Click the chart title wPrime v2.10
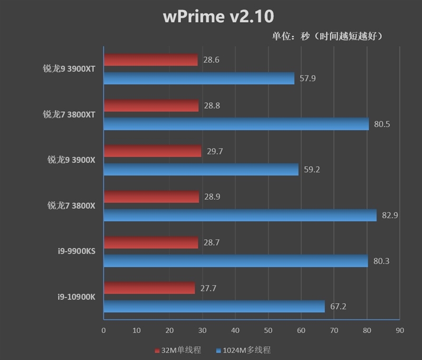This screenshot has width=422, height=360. pyautogui.click(x=218, y=16)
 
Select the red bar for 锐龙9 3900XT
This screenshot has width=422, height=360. pyautogui.click(x=150, y=60)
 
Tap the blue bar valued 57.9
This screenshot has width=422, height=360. pyautogui.click(x=199, y=79)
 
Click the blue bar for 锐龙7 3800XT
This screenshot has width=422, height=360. pyautogui.click(x=236, y=124)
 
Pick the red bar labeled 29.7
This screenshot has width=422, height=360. pyautogui.click(x=152, y=152)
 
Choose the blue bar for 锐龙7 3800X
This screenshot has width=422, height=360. pyautogui.click(x=240, y=215)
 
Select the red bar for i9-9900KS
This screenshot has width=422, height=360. pyautogui.click(x=151, y=243)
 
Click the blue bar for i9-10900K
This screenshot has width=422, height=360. pyautogui.click(x=214, y=306)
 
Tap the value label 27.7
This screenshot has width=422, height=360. pyautogui.click(x=208, y=288)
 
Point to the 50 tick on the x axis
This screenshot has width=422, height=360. pyautogui.click(x=268, y=330)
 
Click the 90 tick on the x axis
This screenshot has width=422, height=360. pyautogui.click(x=399, y=330)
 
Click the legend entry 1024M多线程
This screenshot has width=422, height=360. pyautogui.click(x=246, y=349)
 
